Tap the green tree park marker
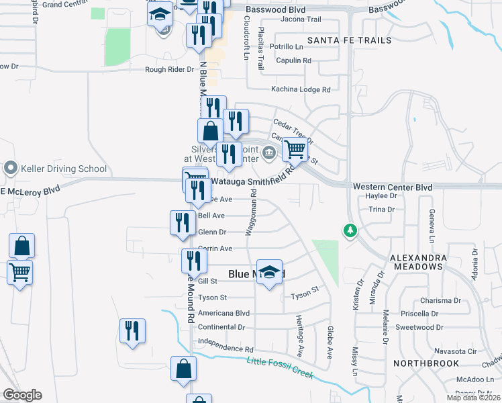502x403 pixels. (x=349, y=231)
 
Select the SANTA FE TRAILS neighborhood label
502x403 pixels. (x=349, y=40)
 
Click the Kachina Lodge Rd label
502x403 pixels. (x=301, y=89)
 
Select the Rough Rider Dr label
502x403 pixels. (x=168, y=69)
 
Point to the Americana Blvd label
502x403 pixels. (x=223, y=313)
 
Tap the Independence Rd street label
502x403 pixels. (x=225, y=350)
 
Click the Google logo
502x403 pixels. (x=22, y=395)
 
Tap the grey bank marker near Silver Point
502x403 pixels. (x=269, y=152)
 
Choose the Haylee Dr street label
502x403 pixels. (x=382, y=196)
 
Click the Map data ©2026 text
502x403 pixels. (x=472, y=398)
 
